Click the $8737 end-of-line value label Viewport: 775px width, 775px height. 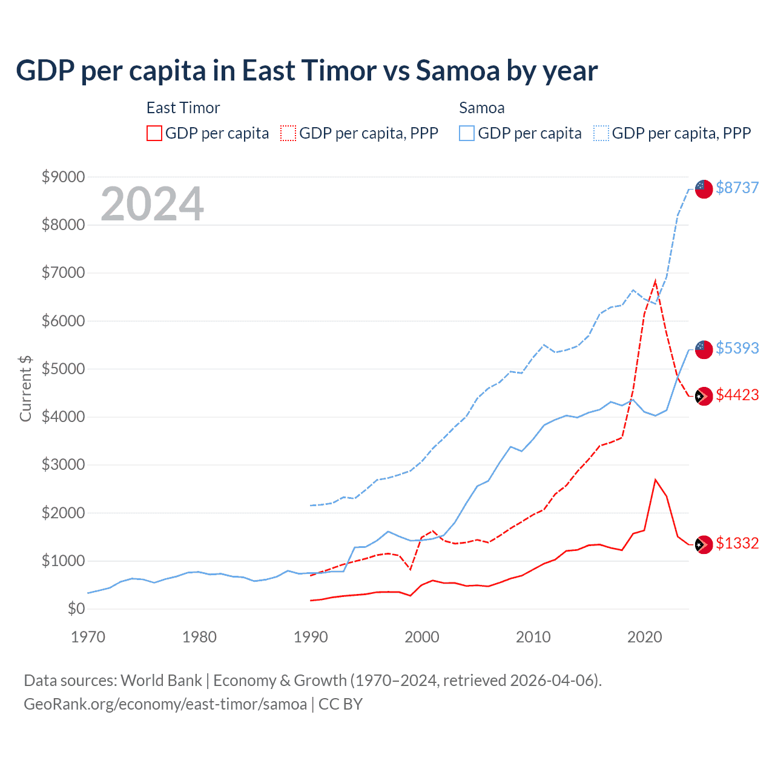(x=737, y=188)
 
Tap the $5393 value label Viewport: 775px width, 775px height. (x=737, y=348)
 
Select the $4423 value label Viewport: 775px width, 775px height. (x=737, y=395)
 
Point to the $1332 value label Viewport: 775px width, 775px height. (x=737, y=543)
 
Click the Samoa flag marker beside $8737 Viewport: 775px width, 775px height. (x=704, y=188)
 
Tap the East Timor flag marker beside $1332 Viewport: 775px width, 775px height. (x=704, y=545)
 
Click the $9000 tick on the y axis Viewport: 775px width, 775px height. (x=63, y=177)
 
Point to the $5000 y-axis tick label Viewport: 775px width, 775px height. (x=63, y=369)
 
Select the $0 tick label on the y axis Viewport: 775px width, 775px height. (x=76, y=608)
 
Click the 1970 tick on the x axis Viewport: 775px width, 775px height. (x=88, y=637)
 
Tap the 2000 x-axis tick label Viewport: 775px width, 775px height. (x=422, y=637)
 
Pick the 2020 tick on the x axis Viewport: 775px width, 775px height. (x=645, y=637)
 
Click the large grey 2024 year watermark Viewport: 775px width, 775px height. (x=152, y=204)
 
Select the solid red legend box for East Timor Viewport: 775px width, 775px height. (x=154, y=133)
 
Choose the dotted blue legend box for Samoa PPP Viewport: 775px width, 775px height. (x=601, y=133)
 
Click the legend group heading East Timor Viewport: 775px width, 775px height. (x=183, y=108)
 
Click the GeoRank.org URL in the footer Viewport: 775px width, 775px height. (x=165, y=704)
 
